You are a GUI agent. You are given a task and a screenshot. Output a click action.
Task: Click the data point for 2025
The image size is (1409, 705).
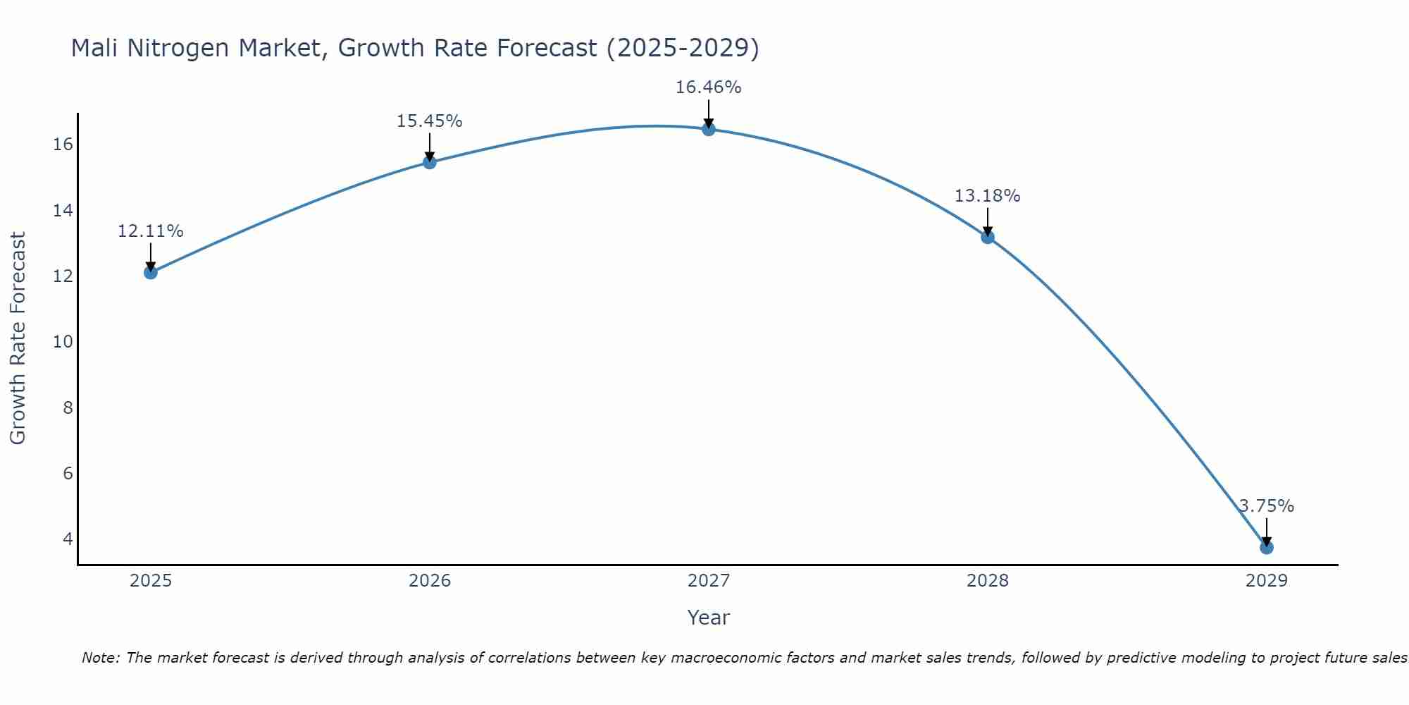[150, 272]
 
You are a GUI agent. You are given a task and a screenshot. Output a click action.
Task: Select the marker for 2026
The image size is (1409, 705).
[429, 162]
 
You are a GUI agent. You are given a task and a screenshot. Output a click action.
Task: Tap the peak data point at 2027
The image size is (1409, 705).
[708, 129]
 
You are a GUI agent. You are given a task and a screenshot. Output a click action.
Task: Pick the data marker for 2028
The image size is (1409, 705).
[987, 237]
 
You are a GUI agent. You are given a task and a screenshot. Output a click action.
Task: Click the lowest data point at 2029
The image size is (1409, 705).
[1266, 547]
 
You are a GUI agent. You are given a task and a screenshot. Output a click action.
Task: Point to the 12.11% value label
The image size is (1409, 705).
[150, 231]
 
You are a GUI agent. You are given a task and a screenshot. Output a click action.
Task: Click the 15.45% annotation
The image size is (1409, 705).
[429, 121]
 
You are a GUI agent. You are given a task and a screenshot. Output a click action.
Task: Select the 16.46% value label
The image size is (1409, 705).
[708, 87]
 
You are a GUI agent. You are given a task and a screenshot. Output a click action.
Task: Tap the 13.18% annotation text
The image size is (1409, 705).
[987, 196]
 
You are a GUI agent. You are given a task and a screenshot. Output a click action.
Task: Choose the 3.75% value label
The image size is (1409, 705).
[1266, 506]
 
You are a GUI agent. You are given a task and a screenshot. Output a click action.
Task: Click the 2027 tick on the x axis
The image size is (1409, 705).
[708, 581]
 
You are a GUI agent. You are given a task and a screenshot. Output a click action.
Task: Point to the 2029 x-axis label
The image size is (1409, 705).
[1266, 581]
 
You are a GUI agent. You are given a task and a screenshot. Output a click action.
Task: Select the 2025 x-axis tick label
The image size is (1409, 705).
[151, 581]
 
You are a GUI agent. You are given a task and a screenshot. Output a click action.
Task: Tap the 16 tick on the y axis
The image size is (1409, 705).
[63, 145]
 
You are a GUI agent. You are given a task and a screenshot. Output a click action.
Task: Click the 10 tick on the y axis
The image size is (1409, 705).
[63, 342]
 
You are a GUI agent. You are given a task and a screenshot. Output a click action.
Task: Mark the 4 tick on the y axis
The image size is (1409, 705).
[68, 539]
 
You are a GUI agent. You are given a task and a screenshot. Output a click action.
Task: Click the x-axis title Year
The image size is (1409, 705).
[708, 618]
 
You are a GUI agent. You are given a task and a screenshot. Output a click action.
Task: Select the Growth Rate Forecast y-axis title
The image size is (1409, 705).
[18, 338]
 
